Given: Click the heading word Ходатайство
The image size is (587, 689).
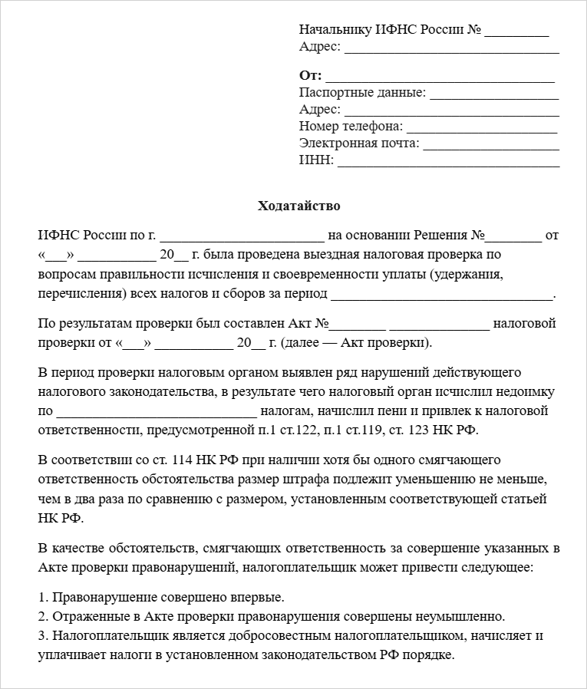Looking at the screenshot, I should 298,206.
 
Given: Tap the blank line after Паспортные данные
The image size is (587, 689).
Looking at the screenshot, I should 493,94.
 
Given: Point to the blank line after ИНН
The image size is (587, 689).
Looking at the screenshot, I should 448,161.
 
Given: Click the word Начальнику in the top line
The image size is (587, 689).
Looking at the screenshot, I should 335,31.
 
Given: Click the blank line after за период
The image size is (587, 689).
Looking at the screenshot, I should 443,295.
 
